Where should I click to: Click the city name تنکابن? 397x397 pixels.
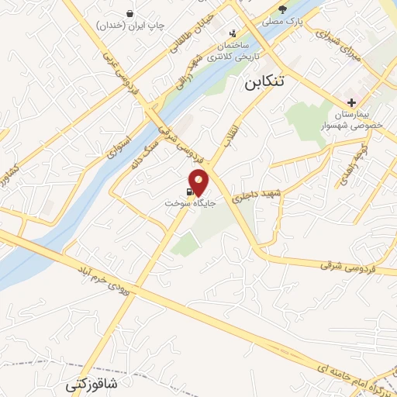(264, 81)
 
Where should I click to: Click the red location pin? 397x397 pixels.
(199, 181)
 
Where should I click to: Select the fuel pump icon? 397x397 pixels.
(188, 189)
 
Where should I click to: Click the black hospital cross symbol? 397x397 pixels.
(352, 102)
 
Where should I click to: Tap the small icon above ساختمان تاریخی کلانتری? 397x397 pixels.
(233, 33)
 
